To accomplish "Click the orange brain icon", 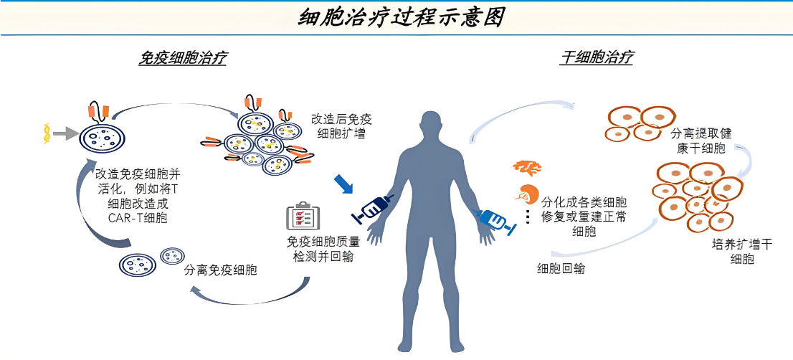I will pyautogui.click(x=527, y=168).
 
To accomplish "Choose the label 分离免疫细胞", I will pyautogui.click(x=221, y=270).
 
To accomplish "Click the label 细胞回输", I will pyautogui.click(x=560, y=270).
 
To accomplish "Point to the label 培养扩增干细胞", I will pyautogui.click(x=741, y=252).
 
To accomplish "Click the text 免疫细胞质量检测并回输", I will pyautogui.click(x=318, y=249).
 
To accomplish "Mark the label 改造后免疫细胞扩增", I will pyautogui.click(x=341, y=125).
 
